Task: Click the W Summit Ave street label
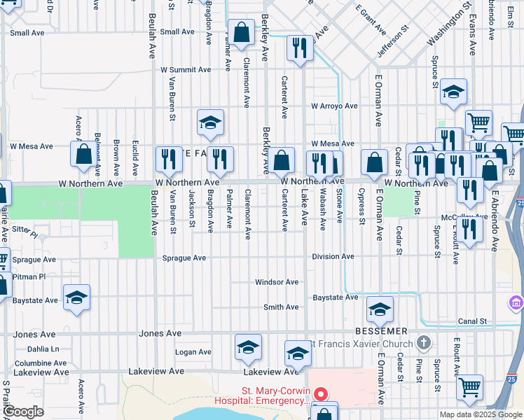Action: (185, 70)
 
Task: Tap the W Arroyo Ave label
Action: (335, 106)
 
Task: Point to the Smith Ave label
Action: (281, 307)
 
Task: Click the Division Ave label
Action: (333, 257)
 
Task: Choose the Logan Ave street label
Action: (193, 353)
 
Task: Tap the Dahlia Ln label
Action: (43, 349)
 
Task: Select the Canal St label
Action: (473, 321)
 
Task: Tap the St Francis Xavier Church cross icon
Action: (422, 343)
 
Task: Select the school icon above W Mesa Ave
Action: (210, 123)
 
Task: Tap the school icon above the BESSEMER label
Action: (380, 309)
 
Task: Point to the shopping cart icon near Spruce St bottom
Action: (469, 387)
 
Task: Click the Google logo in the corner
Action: (24, 412)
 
